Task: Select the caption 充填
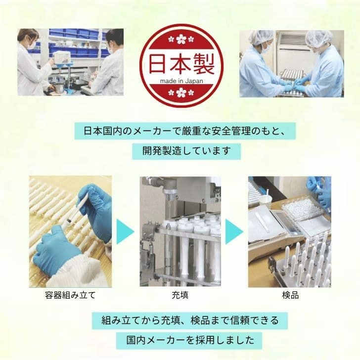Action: (x=180, y=297)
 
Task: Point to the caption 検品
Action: (x=289, y=297)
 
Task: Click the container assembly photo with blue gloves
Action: (x=70, y=231)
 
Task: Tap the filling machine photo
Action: (x=180, y=231)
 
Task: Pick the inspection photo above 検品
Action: (x=289, y=231)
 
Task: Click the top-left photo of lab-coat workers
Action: (x=70, y=62)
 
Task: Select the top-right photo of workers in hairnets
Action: (x=291, y=63)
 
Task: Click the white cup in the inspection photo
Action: (x=266, y=200)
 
